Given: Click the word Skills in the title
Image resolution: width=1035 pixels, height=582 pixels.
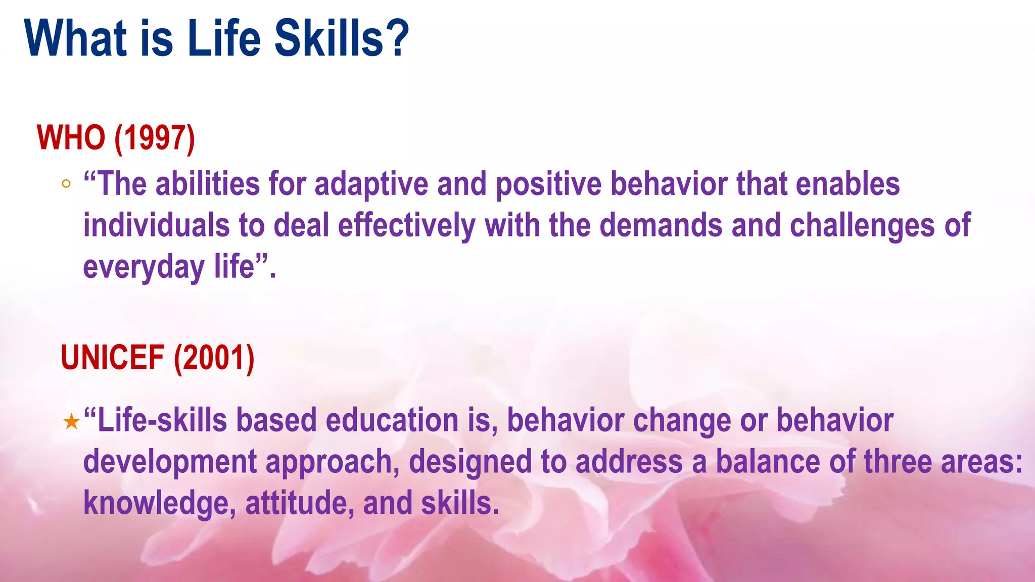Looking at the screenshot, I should coord(329,38).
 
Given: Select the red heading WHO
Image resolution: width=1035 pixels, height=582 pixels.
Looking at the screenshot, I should coord(71,137).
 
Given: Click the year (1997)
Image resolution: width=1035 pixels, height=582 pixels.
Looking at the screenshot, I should coord(155,137).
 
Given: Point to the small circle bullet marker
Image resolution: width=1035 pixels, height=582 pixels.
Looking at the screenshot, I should coord(66,184).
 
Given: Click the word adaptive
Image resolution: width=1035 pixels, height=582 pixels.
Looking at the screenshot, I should coord(371,184).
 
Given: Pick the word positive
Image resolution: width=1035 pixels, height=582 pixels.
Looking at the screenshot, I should coord(548,184).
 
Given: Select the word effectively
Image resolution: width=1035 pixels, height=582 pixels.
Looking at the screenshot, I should coord(406,225).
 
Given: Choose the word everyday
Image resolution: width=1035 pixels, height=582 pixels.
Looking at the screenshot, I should coord(144,268).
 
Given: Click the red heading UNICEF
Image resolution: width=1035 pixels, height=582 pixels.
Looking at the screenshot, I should coord(112,358).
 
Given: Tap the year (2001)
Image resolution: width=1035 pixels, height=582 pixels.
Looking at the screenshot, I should coord(214,358).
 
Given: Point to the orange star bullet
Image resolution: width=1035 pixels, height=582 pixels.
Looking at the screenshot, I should coord(72,422).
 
